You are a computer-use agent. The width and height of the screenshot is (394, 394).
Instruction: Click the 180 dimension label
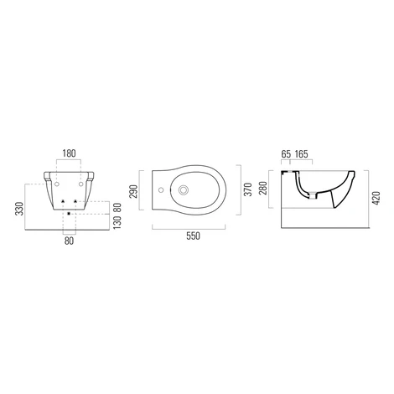pyautogui.click(x=69, y=153)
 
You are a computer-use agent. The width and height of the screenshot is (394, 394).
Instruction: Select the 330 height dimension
pyautogui.click(x=20, y=209)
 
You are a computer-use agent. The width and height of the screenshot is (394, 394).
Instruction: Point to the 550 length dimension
pyautogui.click(x=193, y=236)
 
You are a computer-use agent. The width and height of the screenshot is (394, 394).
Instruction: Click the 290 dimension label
pyautogui.click(x=134, y=191)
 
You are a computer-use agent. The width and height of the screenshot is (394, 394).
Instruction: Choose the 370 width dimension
pyautogui.click(x=248, y=189)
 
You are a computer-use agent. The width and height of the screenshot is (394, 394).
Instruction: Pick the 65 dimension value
pyautogui.click(x=286, y=154)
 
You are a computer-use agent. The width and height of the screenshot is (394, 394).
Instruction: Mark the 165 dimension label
pyautogui.click(x=302, y=154)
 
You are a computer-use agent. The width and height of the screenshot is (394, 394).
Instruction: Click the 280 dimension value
pyautogui.click(x=263, y=189)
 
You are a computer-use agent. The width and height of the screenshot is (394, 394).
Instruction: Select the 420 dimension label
pyautogui.click(x=376, y=199)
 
